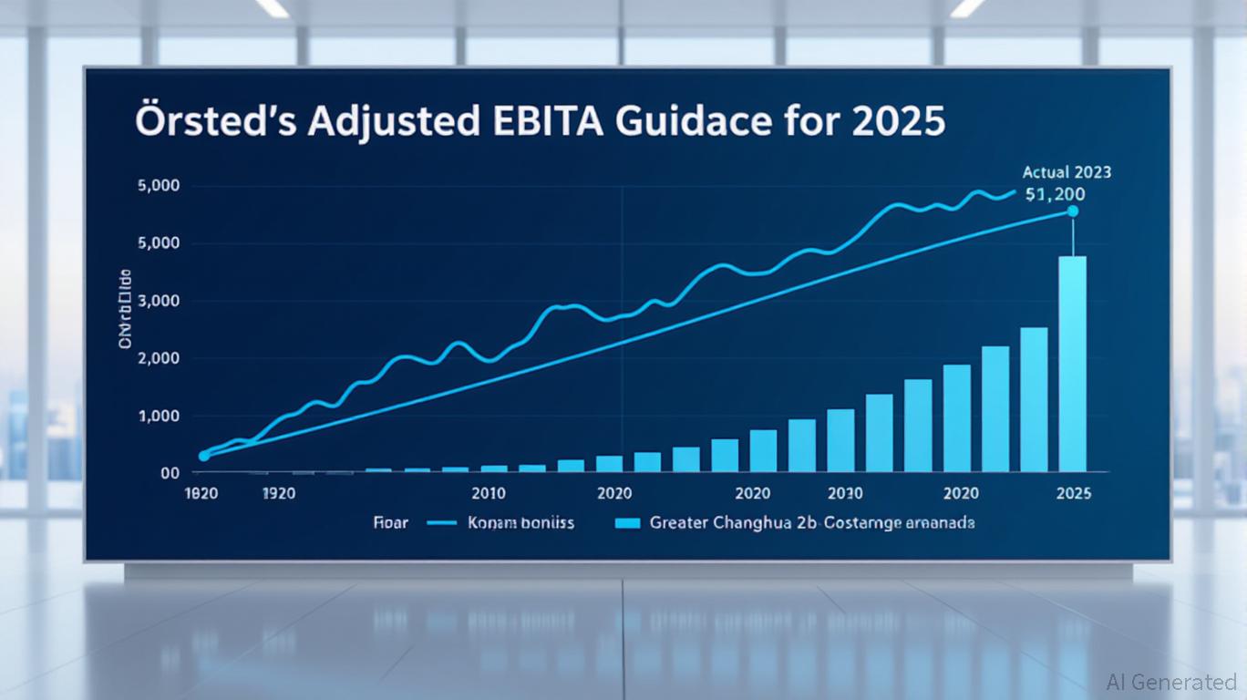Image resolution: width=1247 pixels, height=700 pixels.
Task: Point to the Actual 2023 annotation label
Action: click(1067, 171)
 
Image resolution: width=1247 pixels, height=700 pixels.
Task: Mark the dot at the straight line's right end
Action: click(1072, 211)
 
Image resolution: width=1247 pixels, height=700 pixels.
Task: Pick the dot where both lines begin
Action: click(204, 455)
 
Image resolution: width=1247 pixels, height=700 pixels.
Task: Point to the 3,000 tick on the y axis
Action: click(158, 302)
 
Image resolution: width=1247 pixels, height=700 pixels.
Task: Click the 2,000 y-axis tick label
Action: click(158, 359)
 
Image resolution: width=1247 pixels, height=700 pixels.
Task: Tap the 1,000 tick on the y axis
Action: click(158, 417)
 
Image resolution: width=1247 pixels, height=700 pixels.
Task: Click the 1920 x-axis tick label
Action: click(279, 494)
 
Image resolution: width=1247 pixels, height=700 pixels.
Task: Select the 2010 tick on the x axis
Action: click(489, 494)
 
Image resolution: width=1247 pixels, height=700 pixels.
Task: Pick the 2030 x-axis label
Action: click(844, 494)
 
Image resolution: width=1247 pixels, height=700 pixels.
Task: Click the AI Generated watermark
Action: click(1171, 682)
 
